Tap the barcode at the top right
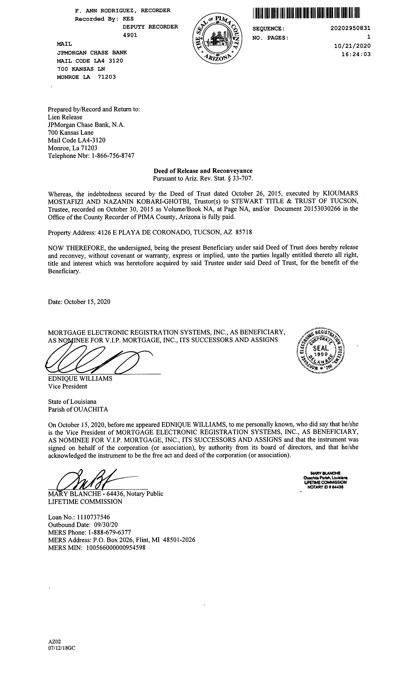(306, 13)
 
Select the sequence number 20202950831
(350, 28)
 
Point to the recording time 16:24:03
(356, 54)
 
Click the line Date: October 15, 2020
(79, 302)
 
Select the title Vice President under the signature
(68, 386)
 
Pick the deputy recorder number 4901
(130, 35)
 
